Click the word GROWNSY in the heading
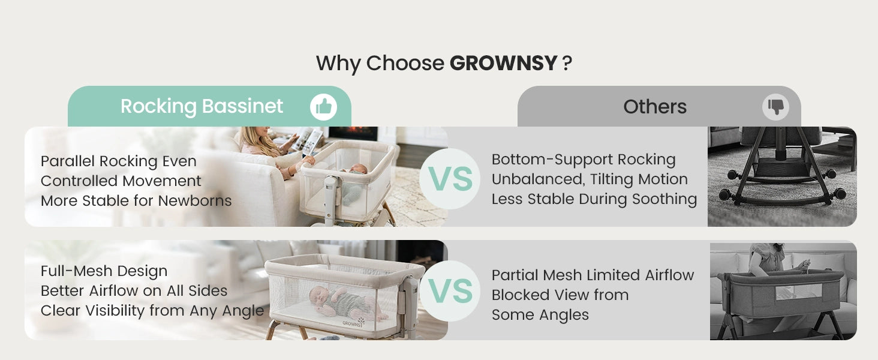click(503, 63)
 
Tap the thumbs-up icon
click(323, 107)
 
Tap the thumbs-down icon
click(775, 107)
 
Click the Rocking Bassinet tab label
click(202, 106)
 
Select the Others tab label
click(655, 107)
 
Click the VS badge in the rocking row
click(450, 179)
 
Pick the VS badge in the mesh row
click(450, 291)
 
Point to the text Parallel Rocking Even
click(118, 161)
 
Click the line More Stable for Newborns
click(136, 201)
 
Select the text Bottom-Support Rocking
click(584, 160)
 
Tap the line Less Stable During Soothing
click(594, 199)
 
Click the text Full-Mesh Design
click(104, 271)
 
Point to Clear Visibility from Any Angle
click(152, 311)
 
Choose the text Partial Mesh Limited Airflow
click(593, 275)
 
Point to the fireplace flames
click(354, 131)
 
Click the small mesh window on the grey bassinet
click(798, 292)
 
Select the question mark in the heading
click(567, 63)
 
